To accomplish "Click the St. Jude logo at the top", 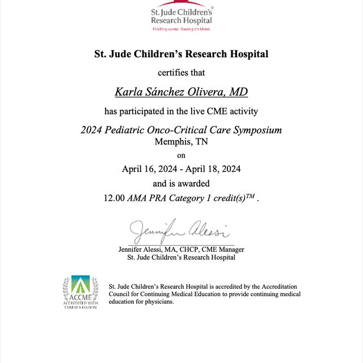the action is tap(181, 15).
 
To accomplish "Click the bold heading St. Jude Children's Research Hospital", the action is tap(181, 54).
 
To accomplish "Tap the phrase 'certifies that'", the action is tap(181, 73).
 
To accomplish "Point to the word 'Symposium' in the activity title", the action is tap(254, 130).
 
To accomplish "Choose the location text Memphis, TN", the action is tap(181, 141).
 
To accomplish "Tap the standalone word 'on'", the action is tap(181, 155).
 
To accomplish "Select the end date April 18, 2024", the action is tap(214, 168).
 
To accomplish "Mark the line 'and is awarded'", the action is tap(181, 183).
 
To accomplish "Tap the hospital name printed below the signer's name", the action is tap(181, 258).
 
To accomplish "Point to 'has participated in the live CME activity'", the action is tap(181, 110).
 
